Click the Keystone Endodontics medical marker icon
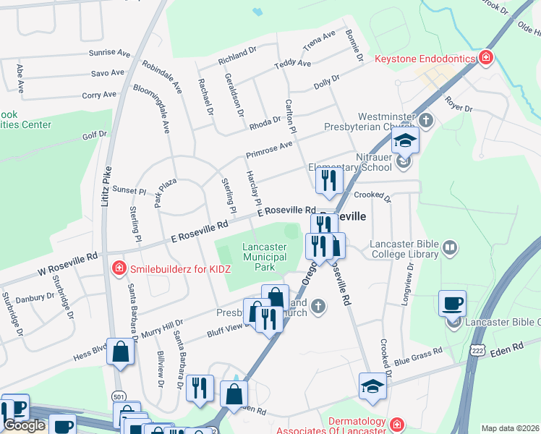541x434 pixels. (487, 57)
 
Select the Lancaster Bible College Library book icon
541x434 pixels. (449, 249)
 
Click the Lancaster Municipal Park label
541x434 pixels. (264, 257)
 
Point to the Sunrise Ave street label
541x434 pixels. (108, 54)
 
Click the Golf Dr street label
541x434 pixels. (94, 135)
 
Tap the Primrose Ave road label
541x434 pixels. (268, 149)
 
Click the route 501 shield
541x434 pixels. (119, 397)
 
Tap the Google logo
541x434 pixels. (24, 425)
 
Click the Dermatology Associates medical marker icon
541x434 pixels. (396, 423)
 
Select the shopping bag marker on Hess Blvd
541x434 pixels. (121, 352)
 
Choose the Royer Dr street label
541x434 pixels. (458, 104)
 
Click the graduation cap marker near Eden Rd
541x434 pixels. (372, 386)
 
